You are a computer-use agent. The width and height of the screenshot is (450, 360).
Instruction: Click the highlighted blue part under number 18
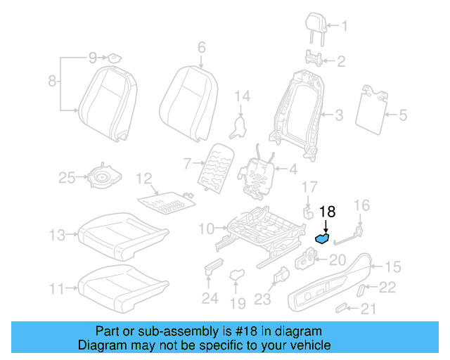[x=323, y=238]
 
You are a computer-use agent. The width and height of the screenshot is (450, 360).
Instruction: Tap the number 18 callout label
[x=328, y=211]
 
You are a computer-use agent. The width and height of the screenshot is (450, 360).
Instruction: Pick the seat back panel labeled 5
[x=373, y=107]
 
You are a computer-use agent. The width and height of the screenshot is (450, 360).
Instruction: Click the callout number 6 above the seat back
[x=201, y=48]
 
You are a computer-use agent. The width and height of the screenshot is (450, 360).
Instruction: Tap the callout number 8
[x=51, y=82]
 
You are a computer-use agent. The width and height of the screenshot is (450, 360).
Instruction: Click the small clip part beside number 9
[x=112, y=56]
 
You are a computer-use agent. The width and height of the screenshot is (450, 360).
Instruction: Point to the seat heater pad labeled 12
[x=165, y=202]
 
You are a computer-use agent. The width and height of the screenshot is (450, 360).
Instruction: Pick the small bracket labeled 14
[x=240, y=126]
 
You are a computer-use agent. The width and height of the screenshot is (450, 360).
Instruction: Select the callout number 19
[x=238, y=304]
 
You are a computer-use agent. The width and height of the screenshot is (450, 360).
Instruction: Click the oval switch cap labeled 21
[x=342, y=307]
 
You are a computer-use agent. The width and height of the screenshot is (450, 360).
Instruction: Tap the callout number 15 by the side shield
[x=392, y=266]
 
